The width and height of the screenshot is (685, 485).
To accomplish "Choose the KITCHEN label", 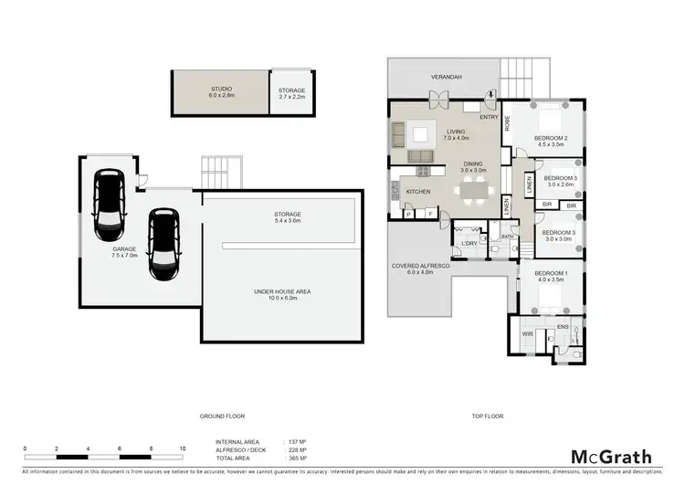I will click(x=417, y=191).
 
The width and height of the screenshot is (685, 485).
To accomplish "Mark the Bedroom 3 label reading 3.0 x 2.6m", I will click(x=560, y=180).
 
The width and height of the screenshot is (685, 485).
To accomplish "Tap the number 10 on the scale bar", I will click(x=183, y=449).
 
